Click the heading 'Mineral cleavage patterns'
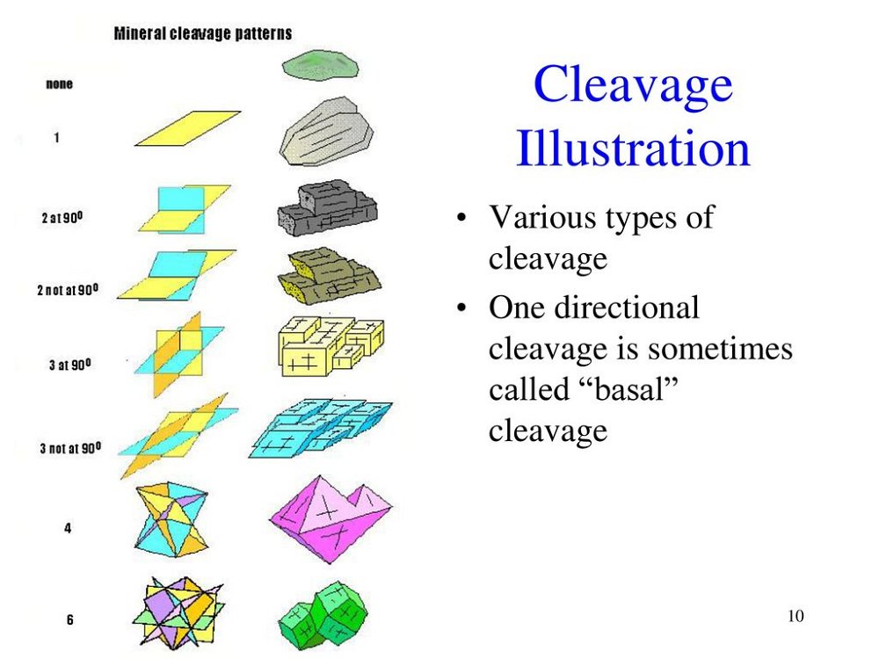click(x=203, y=33)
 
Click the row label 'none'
click(x=60, y=84)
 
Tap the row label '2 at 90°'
click(x=62, y=217)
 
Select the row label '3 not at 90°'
click(x=70, y=448)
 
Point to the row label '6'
click(x=70, y=619)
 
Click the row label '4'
click(x=68, y=528)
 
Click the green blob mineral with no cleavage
click(x=320, y=64)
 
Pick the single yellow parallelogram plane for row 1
click(x=188, y=128)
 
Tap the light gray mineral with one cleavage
click(x=326, y=132)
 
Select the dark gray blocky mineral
click(x=327, y=208)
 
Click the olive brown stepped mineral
click(x=329, y=276)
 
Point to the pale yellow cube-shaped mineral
click(x=331, y=346)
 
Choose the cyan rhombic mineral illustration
click(x=321, y=429)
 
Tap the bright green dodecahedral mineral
click(x=323, y=616)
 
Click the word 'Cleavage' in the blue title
click(x=633, y=83)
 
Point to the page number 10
click(x=796, y=616)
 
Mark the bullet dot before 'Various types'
click(x=461, y=217)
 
